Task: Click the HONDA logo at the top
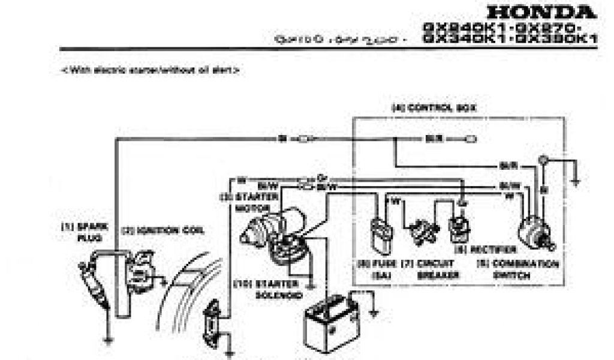click(541, 12)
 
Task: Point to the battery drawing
click(327, 324)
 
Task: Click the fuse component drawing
click(382, 235)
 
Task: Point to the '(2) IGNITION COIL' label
click(162, 229)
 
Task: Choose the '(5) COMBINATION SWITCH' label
click(517, 269)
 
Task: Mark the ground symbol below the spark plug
click(107, 341)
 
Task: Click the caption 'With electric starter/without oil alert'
click(150, 70)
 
